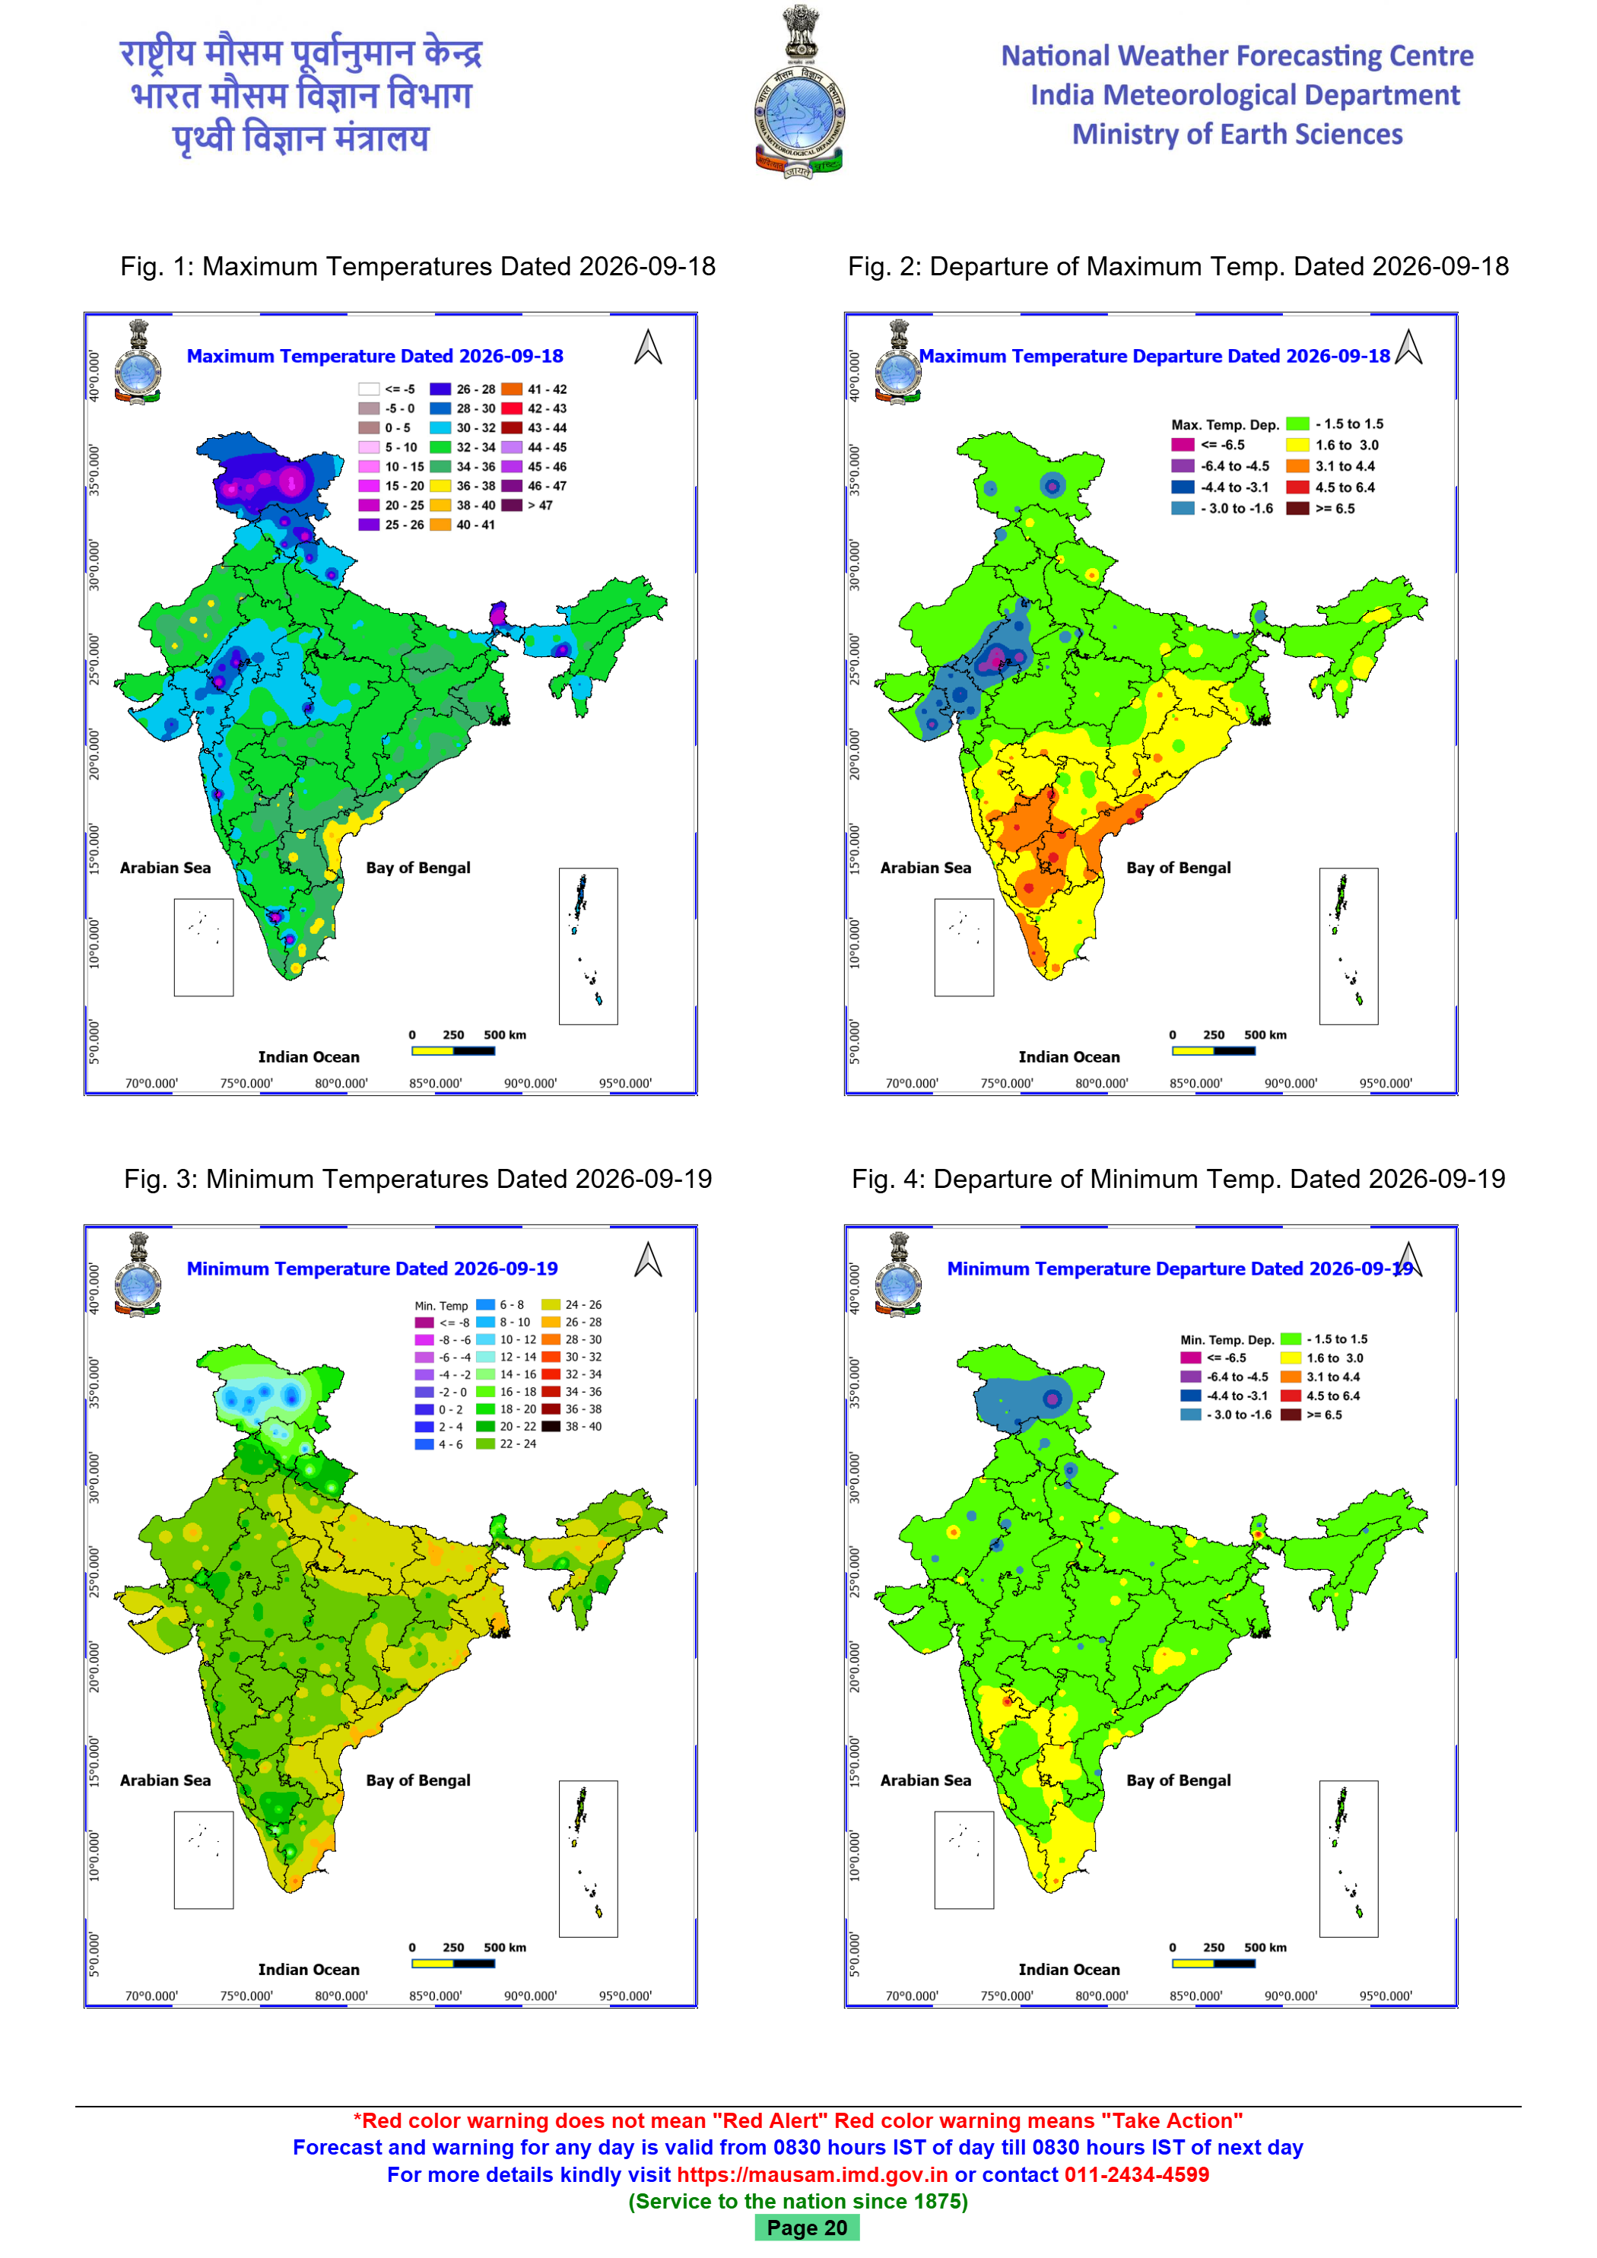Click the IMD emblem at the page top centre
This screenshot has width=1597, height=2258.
pyautogui.click(x=798, y=91)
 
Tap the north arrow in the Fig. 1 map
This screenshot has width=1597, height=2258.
pyautogui.click(x=648, y=346)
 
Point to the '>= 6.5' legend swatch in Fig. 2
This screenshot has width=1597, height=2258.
pyautogui.click(x=1298, y=509)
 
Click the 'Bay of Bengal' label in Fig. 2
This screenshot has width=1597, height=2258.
pyautogui.click(x=1178, y=868)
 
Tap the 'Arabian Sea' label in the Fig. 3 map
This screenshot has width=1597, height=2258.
pyautogui.click(x=165, y=1780)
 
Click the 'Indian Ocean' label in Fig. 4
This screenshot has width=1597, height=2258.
pyautogui.click(x=1069, y=1969)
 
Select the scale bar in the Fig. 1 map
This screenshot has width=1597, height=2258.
pyautogui.click(x=453, y=1051)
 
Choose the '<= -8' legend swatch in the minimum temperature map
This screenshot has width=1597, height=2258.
pyautogui.click(x=424, y=1323)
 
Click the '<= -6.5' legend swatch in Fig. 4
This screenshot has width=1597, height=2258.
pyautogui.click(x=1191, y=1358)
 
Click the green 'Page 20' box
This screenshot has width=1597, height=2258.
pyautogui.click(x=806, y=2228)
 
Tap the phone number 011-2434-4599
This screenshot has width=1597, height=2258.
pyautogui.click(x=1137, y=2174)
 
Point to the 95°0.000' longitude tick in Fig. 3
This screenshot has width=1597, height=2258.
pyautogui.click(x=625, y=1996)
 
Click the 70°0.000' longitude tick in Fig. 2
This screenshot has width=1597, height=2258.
pyautogui.click(x=912, y=1083)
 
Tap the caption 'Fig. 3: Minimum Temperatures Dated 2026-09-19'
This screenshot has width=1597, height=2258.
pyautogui.click(x=418, y=1178)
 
